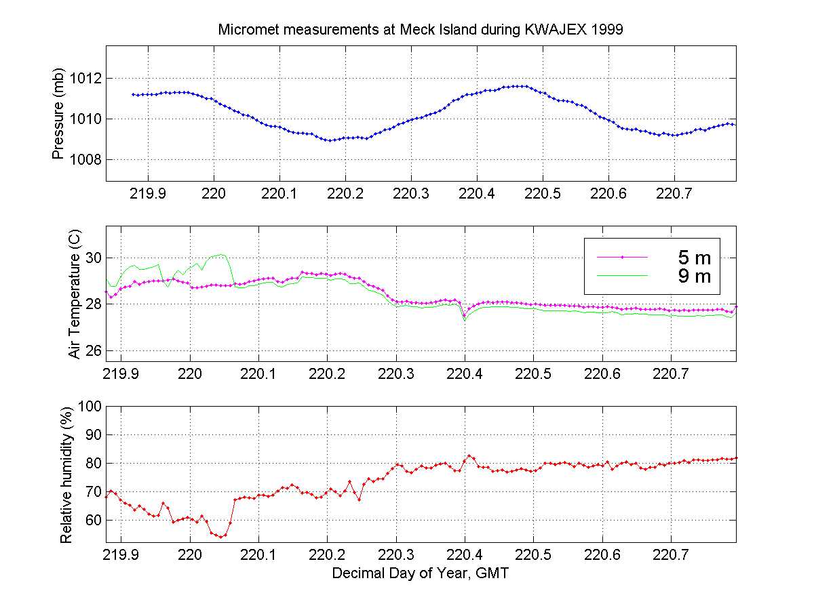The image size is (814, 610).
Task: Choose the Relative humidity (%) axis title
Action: [x=66, y=474]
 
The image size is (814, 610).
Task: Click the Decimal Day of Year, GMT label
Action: [x=421, y=573]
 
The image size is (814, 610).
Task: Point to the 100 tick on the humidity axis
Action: [x=90, y=406]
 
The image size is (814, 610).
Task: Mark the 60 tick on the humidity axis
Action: [x=93, y=521]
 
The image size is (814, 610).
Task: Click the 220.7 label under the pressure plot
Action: [x=674, y=194]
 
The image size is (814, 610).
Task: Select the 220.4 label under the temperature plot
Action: [x=465, y=375]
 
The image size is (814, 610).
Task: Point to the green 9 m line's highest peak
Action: [x=221, y=254]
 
